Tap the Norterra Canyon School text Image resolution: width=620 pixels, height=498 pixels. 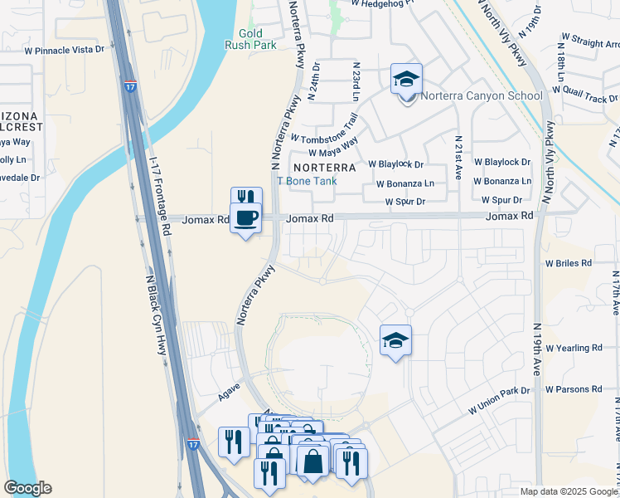pyautogui.click(x=481, y=95)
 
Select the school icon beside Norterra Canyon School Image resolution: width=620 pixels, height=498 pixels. pyautogui.click(x=406, y=80)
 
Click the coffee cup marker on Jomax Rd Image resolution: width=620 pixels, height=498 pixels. pyautogui.click(x=246, y=218)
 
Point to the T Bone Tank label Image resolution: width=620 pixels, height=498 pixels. pyautogui.click(x=305, y=180)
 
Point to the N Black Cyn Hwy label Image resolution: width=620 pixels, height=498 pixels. pyautogui.click(x=157, y=315)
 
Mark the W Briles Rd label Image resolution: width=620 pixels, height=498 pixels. pyautogui.click(x=568, y=262)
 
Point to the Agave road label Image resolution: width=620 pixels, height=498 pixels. pyautogui.click(x=229, y=386)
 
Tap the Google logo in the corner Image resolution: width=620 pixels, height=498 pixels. pyautogui.click(x=27, y=488)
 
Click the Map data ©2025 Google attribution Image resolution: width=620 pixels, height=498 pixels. pyautogui.click(x=568, y=491)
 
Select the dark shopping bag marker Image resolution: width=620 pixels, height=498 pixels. pyautogui.click(x=313, y=461)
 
